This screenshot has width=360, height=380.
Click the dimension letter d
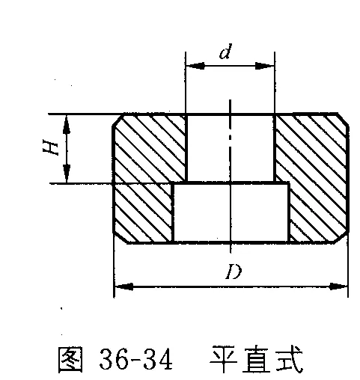225,52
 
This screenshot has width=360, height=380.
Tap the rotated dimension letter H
50,147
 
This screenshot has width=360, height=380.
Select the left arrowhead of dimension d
195,66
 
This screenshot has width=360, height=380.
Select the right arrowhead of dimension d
264,66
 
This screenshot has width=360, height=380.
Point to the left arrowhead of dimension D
123,286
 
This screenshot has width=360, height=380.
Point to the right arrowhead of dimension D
338,286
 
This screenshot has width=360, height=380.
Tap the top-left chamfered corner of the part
118,120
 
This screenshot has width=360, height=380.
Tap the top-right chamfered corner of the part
344,120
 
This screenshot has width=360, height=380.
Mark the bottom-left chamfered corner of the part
120,237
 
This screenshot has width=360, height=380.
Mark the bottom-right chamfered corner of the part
341,237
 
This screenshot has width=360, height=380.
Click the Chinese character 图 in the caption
70,359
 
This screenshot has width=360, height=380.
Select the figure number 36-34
136,359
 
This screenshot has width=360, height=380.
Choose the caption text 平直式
256,359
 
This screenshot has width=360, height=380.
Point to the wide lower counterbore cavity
231,212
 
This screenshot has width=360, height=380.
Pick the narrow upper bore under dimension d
230,149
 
